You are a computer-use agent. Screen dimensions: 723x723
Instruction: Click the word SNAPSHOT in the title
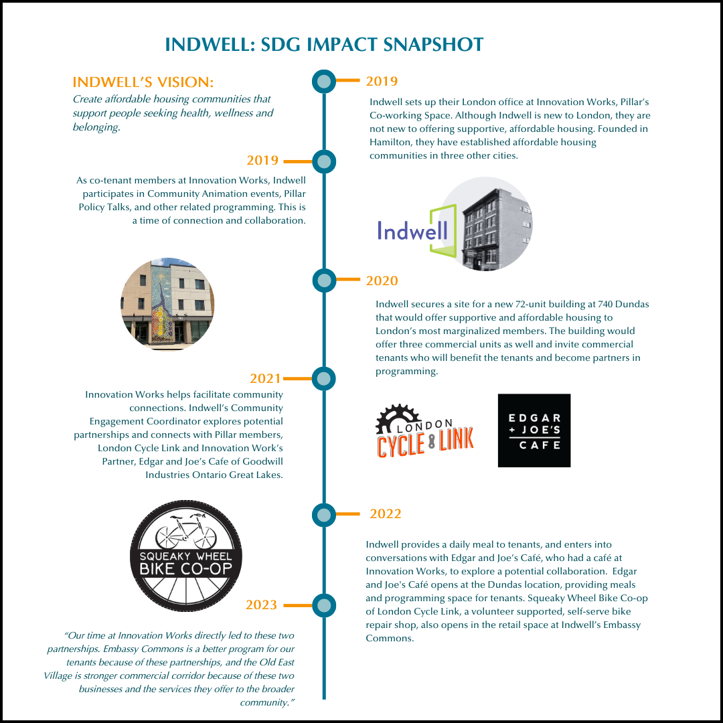[x=433, y=44]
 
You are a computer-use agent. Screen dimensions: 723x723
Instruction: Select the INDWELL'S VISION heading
[x=143, y=82]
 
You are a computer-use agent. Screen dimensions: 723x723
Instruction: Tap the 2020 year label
[x=382, y=280]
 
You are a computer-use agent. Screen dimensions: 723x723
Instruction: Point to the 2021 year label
[x=265, y=378]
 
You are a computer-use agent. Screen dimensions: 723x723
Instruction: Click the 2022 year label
[x=386, y=513]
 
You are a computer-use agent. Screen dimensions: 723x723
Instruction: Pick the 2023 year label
[x=262, y=605]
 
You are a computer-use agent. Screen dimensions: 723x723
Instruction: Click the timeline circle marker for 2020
[x=324, y=280]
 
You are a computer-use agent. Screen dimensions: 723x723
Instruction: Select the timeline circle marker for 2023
[x=324, y=605]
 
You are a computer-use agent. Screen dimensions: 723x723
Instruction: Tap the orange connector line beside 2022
[x=347, y=513]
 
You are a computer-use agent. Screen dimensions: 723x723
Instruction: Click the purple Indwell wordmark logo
[x=412, y=230]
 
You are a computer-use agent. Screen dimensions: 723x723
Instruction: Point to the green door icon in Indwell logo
[x=443, y=230]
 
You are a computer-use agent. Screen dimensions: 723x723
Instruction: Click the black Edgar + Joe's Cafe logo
[x=534, y=430]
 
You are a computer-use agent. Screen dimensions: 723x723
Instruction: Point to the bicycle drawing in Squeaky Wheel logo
[x=186, y=531]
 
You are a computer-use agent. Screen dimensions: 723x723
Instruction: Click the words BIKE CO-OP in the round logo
[x=186, y=569]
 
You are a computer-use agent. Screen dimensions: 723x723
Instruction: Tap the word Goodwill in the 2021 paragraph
[x=263, y=461]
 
